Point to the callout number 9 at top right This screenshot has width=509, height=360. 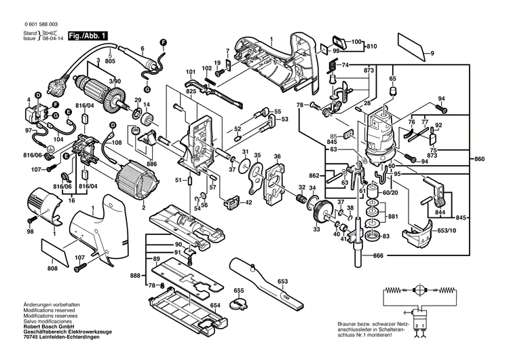tap(432, 53)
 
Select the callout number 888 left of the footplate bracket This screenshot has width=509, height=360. tap(135, 274)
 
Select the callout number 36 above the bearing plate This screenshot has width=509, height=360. tap(277, 157)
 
